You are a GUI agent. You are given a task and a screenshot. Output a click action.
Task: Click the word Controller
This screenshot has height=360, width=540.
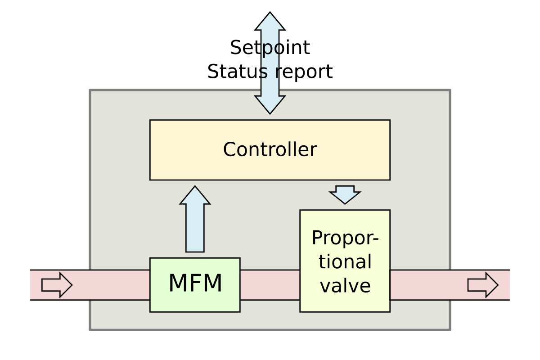pyautogui.click(x=270, y=150)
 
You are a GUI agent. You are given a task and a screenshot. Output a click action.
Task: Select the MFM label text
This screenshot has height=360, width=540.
pyautogui.click(x=195, y=283)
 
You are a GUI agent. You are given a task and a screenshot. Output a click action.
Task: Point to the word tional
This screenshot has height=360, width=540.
pyautogui.click(x=345, y=262)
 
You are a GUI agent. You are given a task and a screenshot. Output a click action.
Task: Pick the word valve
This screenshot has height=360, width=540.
pyautogui.click(x=345, y=286)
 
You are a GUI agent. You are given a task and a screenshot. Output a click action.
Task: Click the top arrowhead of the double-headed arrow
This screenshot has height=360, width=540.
pyautogui.click(x=270, y=22)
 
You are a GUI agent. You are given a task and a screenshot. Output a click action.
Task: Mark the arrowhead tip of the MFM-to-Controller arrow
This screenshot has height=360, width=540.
pyautogui.click(x=195, y=188)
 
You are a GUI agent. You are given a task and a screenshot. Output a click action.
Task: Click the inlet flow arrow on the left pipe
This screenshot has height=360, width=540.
pyautogui.click(x=57, y=285)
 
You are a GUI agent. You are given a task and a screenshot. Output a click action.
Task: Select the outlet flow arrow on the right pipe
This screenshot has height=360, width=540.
pyautogui.click(x=483, y=285)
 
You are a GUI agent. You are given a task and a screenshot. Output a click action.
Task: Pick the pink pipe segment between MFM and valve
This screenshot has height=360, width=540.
pyautogui.click(x=270, y=285)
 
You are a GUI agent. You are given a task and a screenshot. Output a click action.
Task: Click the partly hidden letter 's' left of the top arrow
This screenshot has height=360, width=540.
pyautogui.click(x=263, y=72)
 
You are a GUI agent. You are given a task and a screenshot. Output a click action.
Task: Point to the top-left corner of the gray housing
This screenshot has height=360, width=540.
pyautogui.click(x=90, y=90)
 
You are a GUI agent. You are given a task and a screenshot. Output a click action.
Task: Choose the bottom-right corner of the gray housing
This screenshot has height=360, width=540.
pyautogui.click(x=450, y=329)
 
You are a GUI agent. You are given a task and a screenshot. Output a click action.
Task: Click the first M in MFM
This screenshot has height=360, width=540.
pyautogui.click(x=177, y=283)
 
